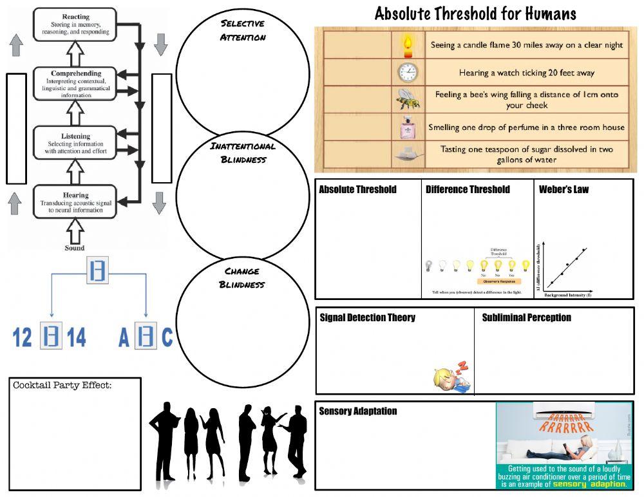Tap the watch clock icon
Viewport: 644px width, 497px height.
[407, 72]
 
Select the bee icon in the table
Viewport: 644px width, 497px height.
[407, 99]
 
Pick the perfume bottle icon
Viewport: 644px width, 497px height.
[407, 127]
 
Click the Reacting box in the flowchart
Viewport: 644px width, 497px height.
[75, 24]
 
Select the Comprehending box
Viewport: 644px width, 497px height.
[75, 84]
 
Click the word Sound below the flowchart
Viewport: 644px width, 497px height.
[75, 248]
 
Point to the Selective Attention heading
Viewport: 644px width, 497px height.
[243, 30]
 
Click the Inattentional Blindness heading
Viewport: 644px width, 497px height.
[243, 153]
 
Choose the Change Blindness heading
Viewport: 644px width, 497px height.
[242, 277]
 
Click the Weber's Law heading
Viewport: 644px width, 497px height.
[563, 189]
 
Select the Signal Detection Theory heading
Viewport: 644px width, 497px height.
[367, 317]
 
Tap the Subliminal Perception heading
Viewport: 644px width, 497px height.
[526, 317]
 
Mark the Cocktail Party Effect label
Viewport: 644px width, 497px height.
[62, 386]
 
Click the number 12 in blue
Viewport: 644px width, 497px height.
[23, 337]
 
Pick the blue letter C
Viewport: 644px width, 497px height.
[167, 337]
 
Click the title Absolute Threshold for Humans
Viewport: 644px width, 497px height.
[475, 14]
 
